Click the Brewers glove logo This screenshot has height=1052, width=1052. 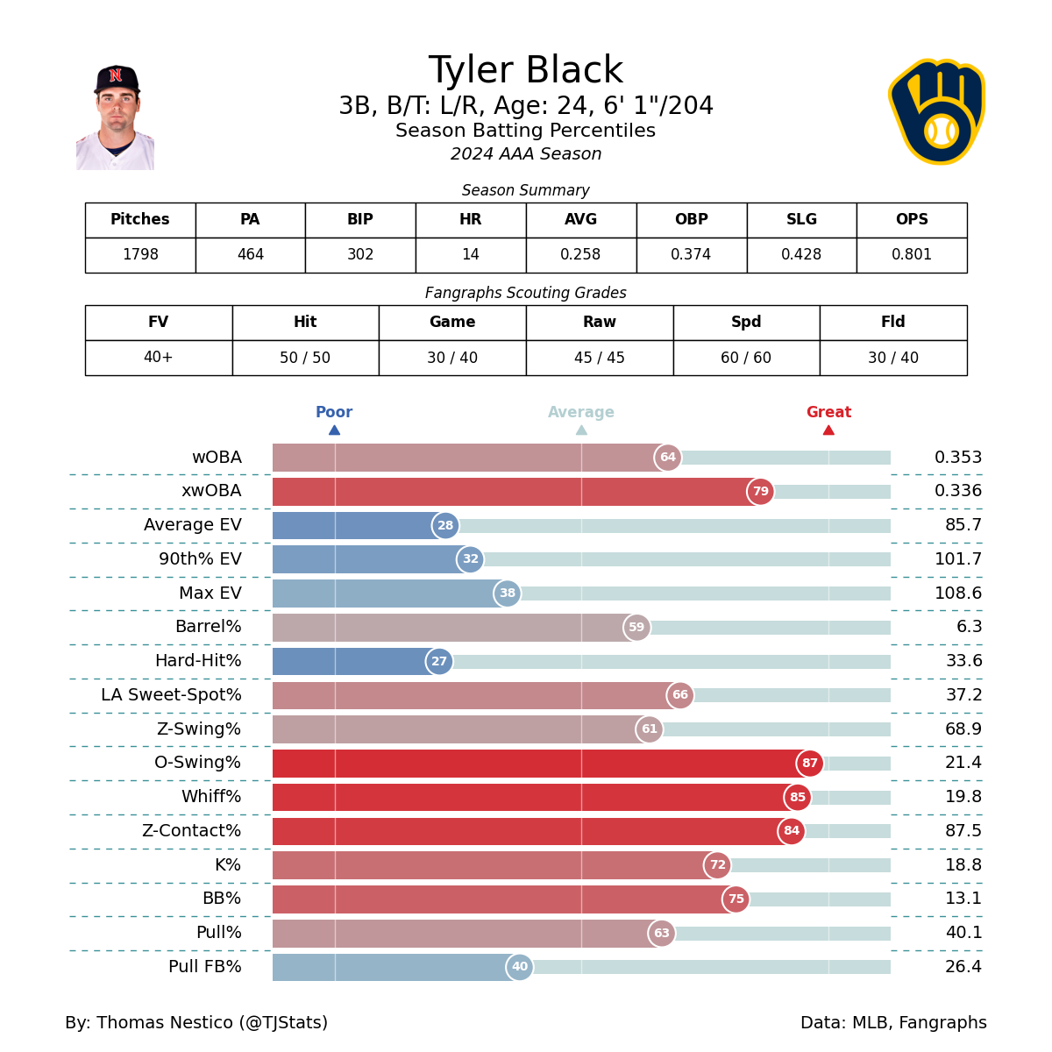tap(936, 111)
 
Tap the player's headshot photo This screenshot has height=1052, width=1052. tap(116, 117)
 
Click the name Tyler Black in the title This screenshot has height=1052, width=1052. tap(525, 71)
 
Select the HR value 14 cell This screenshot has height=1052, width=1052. tap(471, 255)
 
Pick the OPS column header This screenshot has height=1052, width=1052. tap(912, 220)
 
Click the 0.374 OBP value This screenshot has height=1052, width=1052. tap(691, 255)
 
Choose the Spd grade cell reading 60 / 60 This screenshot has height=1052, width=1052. tap(746, 358)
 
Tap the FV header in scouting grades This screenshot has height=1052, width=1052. tap(159, 323)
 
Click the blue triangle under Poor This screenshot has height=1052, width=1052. tap(334, 430)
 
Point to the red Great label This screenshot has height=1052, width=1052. tap(828, 412)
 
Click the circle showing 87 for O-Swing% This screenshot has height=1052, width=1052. tap(809, 764)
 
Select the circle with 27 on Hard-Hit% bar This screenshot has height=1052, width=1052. tap(439, 662)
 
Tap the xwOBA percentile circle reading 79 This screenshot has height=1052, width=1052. tap(760, 492)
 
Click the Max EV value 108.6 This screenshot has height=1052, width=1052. tap(958, 594)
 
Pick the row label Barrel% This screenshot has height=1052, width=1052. tap(208, 627)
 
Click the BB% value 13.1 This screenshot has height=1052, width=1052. tap(963, 899)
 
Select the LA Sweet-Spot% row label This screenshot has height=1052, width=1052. tap(171, 695)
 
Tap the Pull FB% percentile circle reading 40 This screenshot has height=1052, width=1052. tap(520, 967)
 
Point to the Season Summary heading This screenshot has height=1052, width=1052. tap(525, 190)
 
